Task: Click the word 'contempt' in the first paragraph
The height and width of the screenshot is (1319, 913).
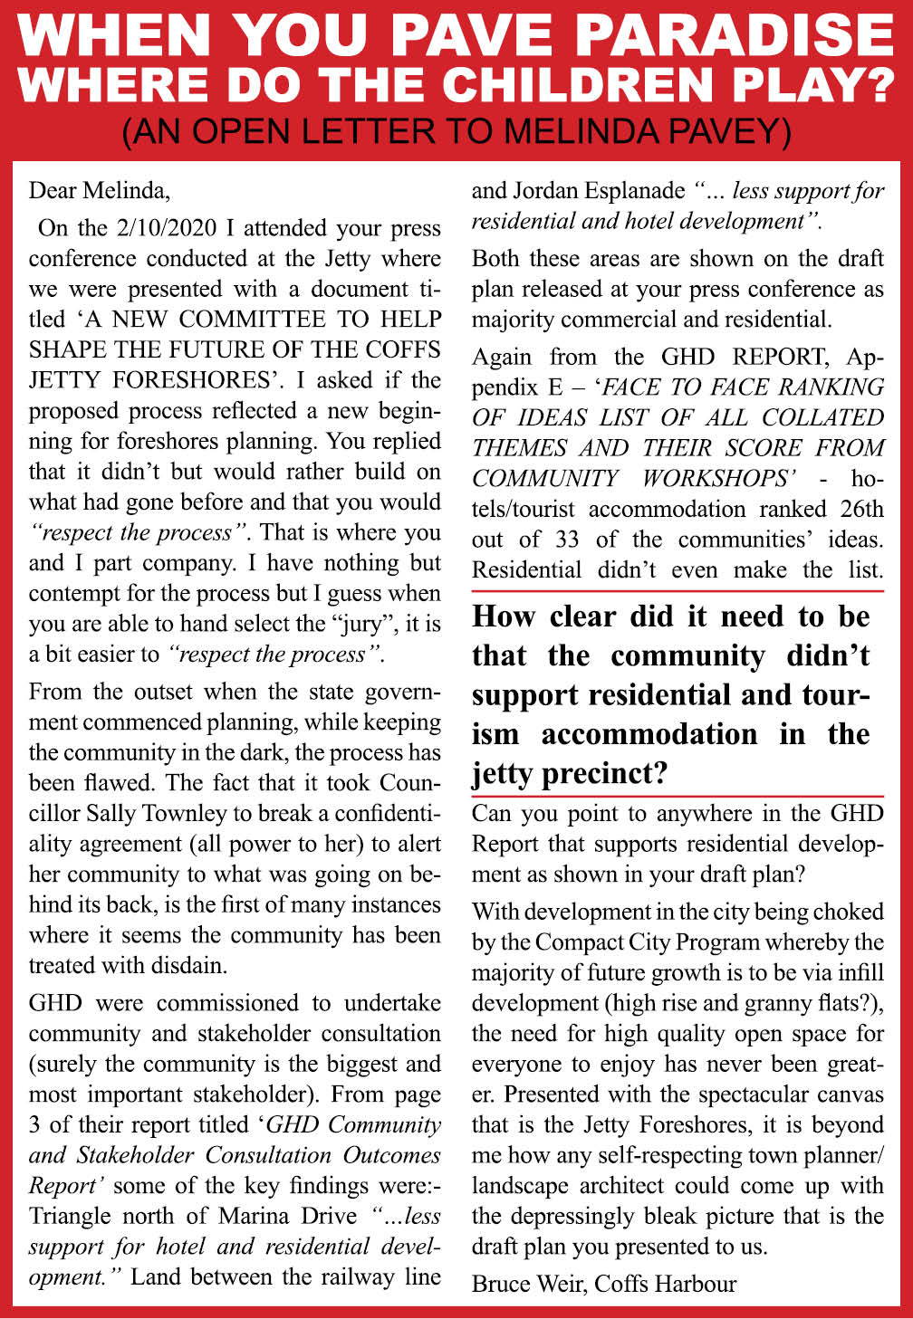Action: tap(70, 594)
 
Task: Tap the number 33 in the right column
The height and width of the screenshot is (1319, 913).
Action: tap(567, 540)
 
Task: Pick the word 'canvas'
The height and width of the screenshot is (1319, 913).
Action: tap(843, 1094)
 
